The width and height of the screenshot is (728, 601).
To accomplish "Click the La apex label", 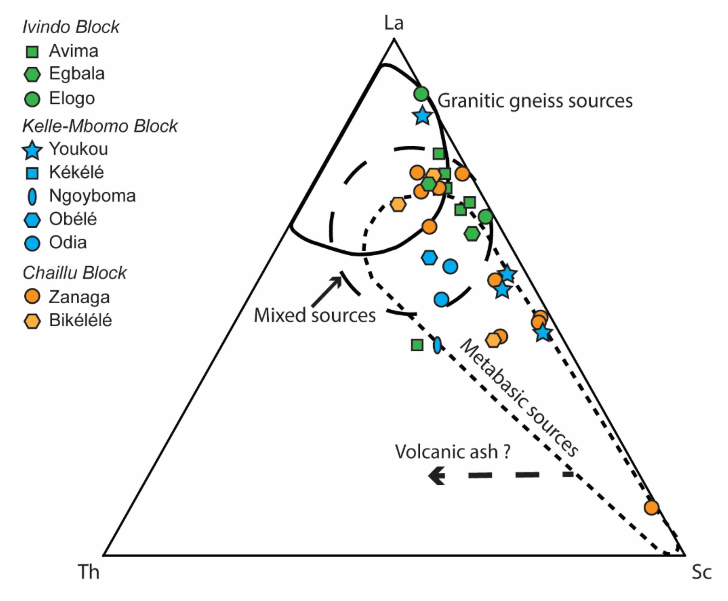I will pos(394,23).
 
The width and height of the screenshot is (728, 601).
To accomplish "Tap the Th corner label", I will pos(88,572).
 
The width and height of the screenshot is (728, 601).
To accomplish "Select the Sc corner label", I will pos(701,572).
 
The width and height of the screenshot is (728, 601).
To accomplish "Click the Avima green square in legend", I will pos(32,52).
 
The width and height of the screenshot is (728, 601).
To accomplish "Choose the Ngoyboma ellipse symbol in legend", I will pos(32,197).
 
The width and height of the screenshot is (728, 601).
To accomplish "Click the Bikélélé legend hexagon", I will pos(32,321).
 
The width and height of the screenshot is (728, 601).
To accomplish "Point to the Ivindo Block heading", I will pos(71,27).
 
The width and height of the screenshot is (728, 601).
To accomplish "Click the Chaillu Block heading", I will pos(75,273).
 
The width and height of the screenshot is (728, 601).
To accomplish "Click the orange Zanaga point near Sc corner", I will pos(651,508).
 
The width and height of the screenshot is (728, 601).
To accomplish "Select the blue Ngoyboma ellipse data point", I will pos(437,345).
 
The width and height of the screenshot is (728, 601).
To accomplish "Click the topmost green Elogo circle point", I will pos(421,93).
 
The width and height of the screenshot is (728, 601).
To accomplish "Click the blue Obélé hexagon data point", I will pos(429,258).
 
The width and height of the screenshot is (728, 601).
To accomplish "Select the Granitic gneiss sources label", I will pos(535,101).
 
